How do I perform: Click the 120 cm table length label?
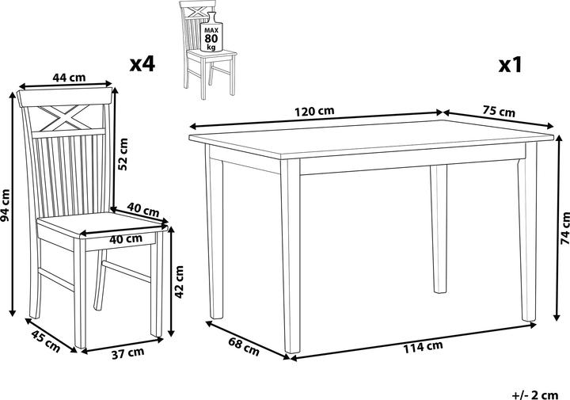click(314, 111)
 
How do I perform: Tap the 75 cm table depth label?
click(499, 111)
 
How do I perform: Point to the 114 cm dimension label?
click(423, 347)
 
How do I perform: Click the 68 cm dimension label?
click(244, 346)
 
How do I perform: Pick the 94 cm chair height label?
click(6, 205)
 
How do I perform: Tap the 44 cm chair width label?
click(69, 78)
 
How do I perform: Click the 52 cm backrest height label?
click(123, 154)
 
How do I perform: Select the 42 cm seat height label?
click(179, 282)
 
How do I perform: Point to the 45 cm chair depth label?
click(45, 341)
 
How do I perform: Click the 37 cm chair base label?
click(127, 353)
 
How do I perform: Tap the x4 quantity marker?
click(142, 64)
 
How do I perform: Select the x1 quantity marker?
click(510, 65)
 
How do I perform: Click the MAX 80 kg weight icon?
click(211, 32)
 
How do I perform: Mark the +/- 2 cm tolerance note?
click(535, 394)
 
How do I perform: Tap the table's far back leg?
click(439, 229)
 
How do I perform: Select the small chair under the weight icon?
click(208, 51)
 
